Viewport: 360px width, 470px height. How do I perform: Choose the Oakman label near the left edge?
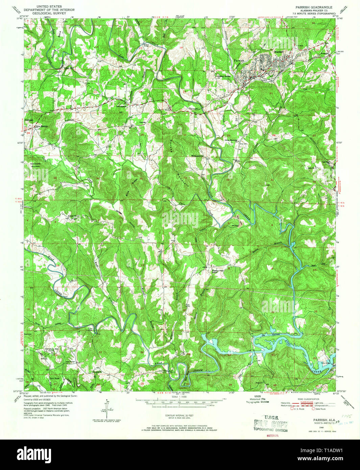(29, 120)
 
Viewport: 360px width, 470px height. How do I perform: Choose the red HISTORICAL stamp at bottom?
(271, 435)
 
